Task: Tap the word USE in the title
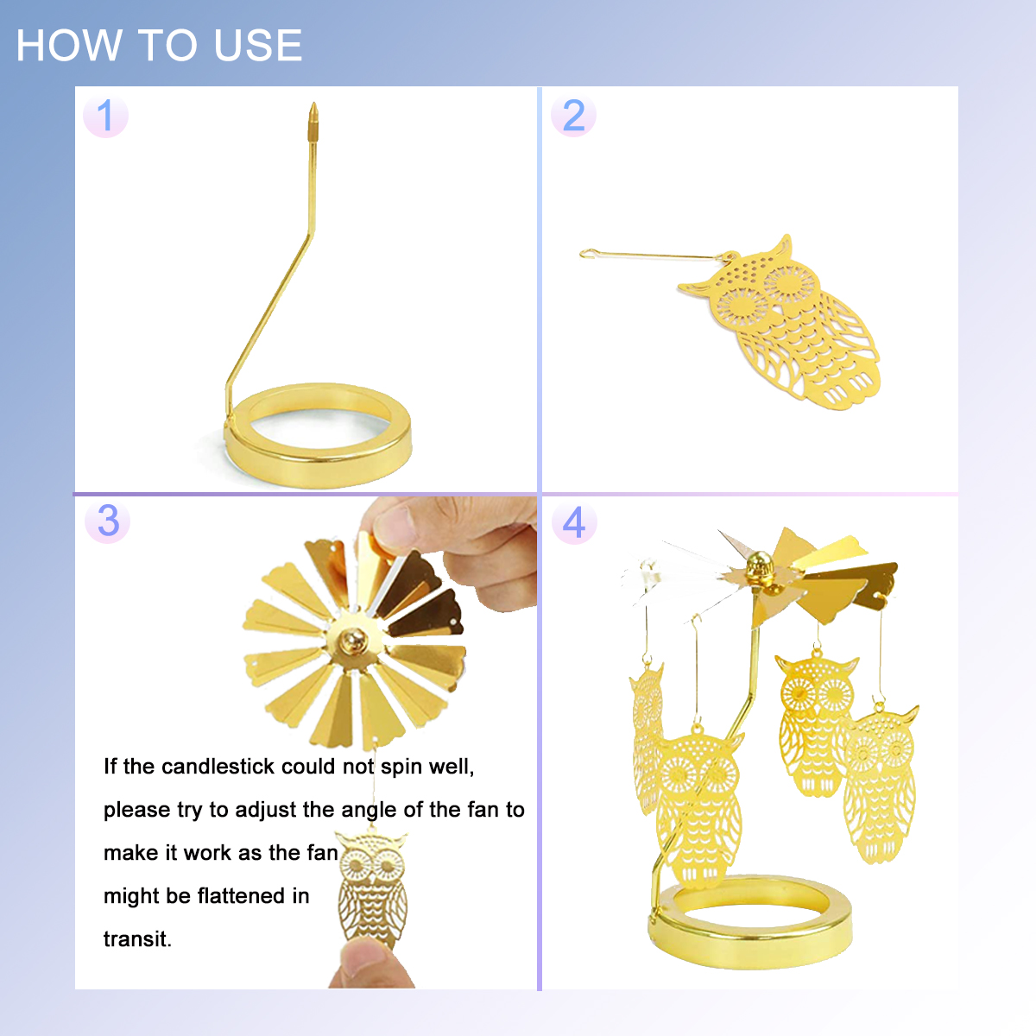pos(258,45)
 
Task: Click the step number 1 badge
pos(105,115)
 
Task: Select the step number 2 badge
pos(573,115)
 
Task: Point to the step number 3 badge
pos(108,521)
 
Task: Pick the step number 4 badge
pos(574,521)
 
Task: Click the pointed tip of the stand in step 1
pos(313,104)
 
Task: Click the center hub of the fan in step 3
pos(354,641)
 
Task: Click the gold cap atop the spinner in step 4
pos(759,564)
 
